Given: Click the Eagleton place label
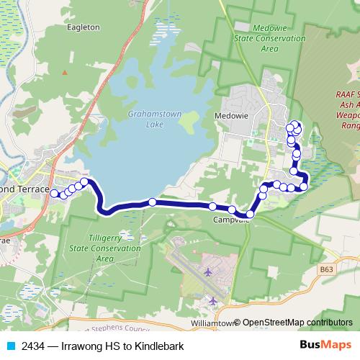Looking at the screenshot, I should (84, 27).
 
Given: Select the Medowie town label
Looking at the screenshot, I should (231, 114).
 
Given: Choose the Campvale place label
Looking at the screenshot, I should (231, 220).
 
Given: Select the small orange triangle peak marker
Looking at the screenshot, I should (64, 72).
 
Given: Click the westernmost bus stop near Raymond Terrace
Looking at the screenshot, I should (54, 193).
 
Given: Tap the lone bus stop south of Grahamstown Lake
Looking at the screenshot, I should (152, 202).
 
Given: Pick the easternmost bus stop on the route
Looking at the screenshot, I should (304, 186).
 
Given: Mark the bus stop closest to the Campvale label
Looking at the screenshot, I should (233, 210).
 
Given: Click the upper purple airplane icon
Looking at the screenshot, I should (208, 272).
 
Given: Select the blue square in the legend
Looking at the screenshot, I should (12, 346).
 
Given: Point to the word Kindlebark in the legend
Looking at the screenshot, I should (161, 346).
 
